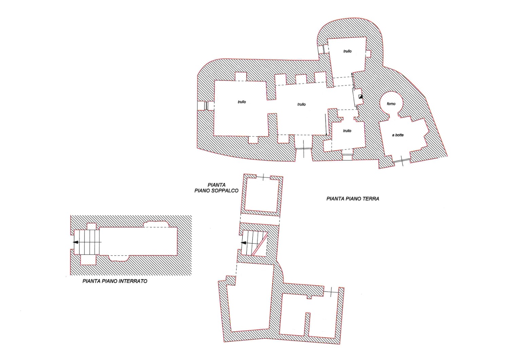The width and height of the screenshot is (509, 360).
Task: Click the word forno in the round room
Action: coord(391,104)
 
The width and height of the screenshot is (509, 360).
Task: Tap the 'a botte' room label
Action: coord(398,135)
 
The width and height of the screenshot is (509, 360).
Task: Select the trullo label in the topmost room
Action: coord(347,51)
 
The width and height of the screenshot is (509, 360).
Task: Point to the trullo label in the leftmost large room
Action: coord(242,102)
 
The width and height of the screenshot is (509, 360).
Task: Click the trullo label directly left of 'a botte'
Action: coord(347,131)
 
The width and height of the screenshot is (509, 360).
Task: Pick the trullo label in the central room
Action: coord(302,104)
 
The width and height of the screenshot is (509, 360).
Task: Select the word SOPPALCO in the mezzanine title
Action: coord(225,191)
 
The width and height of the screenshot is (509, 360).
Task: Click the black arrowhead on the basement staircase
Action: coord(76,242)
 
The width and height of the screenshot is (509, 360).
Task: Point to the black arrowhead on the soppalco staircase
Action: coord(243,243)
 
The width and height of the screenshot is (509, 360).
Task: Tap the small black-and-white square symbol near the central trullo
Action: coord(360,96)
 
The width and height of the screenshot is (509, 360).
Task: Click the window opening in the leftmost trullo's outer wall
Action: coord(206,106)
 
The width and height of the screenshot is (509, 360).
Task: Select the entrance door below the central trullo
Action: coord(304,148)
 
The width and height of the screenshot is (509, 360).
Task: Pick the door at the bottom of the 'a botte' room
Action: coord(402,160)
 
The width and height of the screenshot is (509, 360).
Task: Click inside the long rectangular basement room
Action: coord(138,241)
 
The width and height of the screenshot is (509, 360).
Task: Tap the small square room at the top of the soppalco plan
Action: coord(262,195)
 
